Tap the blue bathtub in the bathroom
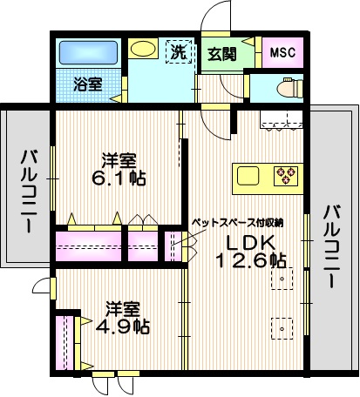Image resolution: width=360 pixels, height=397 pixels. pos(87,53)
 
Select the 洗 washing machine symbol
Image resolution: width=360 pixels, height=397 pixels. pos(178,51)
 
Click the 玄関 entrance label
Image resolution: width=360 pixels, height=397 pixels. pos(220,53)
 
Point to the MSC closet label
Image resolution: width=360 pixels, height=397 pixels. pos(282,53)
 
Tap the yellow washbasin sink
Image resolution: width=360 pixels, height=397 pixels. pos(143,50)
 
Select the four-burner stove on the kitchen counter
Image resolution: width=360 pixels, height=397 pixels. pos(286,176)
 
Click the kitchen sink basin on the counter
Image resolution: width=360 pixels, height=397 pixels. pos(248,176)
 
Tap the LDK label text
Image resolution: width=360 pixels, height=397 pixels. pos(251,242)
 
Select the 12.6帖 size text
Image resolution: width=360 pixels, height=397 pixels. pos(252,260)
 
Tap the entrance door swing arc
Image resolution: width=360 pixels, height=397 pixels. pos(213,17)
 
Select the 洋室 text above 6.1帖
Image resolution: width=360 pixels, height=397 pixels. pos(119,160)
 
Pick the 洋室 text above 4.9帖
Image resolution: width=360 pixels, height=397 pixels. pos(124,308)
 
